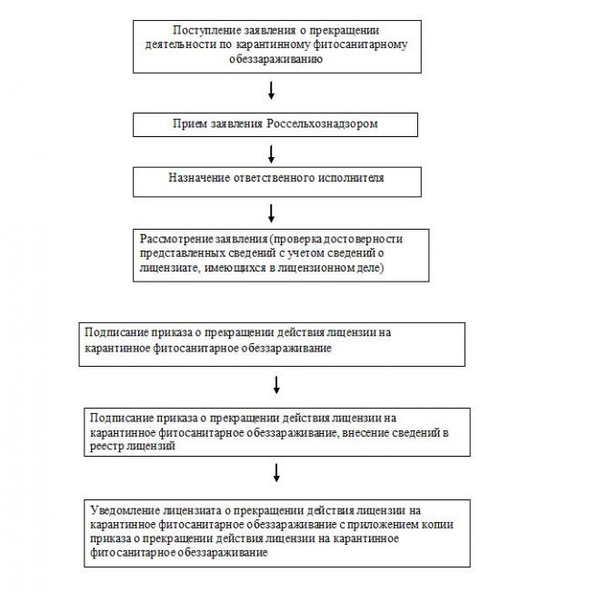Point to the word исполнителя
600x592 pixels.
tap(348, 178)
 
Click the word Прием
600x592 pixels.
tap(189, 123)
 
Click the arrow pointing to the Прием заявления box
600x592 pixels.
tap(272, 91)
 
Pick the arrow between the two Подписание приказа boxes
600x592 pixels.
tap(275, 386)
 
